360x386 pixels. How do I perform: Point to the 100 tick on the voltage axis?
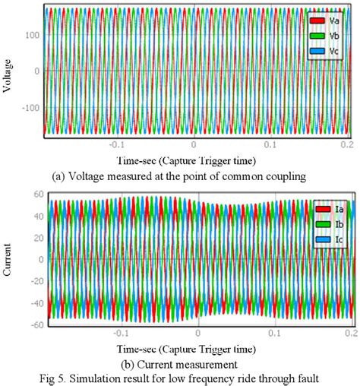(33, 35)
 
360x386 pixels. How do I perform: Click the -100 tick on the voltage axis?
(30, 108)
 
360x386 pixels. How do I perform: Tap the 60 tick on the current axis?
(35, 195)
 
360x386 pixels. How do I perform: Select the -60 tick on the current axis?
(33, 325)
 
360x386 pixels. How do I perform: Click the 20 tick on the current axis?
(35, 238)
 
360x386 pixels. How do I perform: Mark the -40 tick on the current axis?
(33, 303)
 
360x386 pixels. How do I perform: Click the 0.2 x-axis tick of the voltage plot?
(346, 144)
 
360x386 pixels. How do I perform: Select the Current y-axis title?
(8, 258)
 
